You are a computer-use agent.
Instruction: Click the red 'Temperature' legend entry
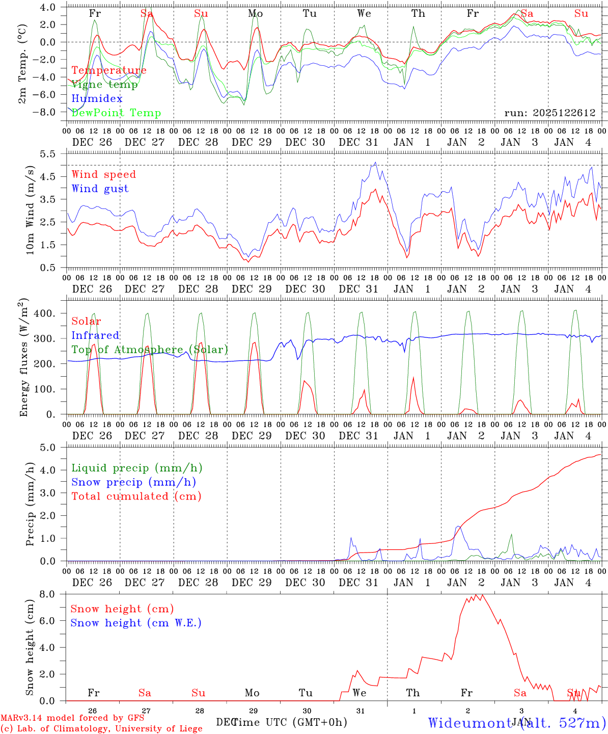pos(109,70)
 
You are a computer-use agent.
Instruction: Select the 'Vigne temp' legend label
pos(104,85)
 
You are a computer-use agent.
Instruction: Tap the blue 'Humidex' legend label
pos(97,99)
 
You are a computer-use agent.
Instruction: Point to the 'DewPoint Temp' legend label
pos(116,113)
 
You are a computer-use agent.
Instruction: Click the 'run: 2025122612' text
pos(549,113)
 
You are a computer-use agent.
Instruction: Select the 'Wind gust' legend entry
pos(100,189)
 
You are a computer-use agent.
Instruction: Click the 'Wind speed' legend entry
pos(104,174)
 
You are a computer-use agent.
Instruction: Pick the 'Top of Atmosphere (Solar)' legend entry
pos(150,350)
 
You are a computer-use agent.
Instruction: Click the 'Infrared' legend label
pos(95,335)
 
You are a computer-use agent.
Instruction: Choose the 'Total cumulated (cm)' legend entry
pos(136,496)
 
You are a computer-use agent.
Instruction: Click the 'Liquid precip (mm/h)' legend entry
pos(137,468)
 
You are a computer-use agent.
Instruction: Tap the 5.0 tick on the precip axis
pos(52,448)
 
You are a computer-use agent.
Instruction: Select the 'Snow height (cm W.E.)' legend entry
pos(136,623)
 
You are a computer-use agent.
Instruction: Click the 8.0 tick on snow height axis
pos(52,594)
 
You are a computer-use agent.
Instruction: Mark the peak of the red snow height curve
pos(482,594)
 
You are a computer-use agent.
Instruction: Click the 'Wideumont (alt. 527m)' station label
pos(517,723)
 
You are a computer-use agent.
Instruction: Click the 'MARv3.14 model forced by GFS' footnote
pos(72,718)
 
